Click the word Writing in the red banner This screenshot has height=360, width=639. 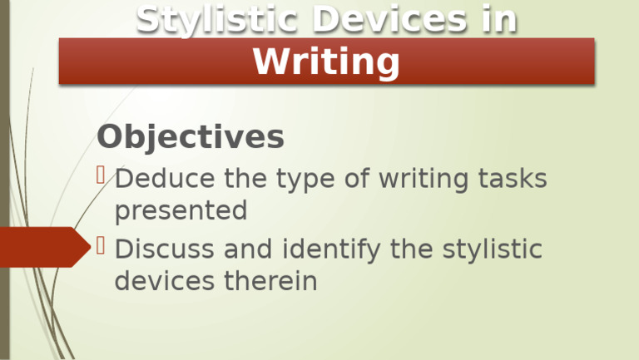click(x=326, y=62)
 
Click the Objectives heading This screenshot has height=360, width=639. click(x=191, y=137)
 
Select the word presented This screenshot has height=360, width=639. click(x=181, y=211)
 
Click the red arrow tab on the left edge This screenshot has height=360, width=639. click(x=42, y=246)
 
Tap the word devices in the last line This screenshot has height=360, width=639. click(x=164, y=281)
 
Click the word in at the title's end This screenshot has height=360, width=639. click(x=498, y=20)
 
